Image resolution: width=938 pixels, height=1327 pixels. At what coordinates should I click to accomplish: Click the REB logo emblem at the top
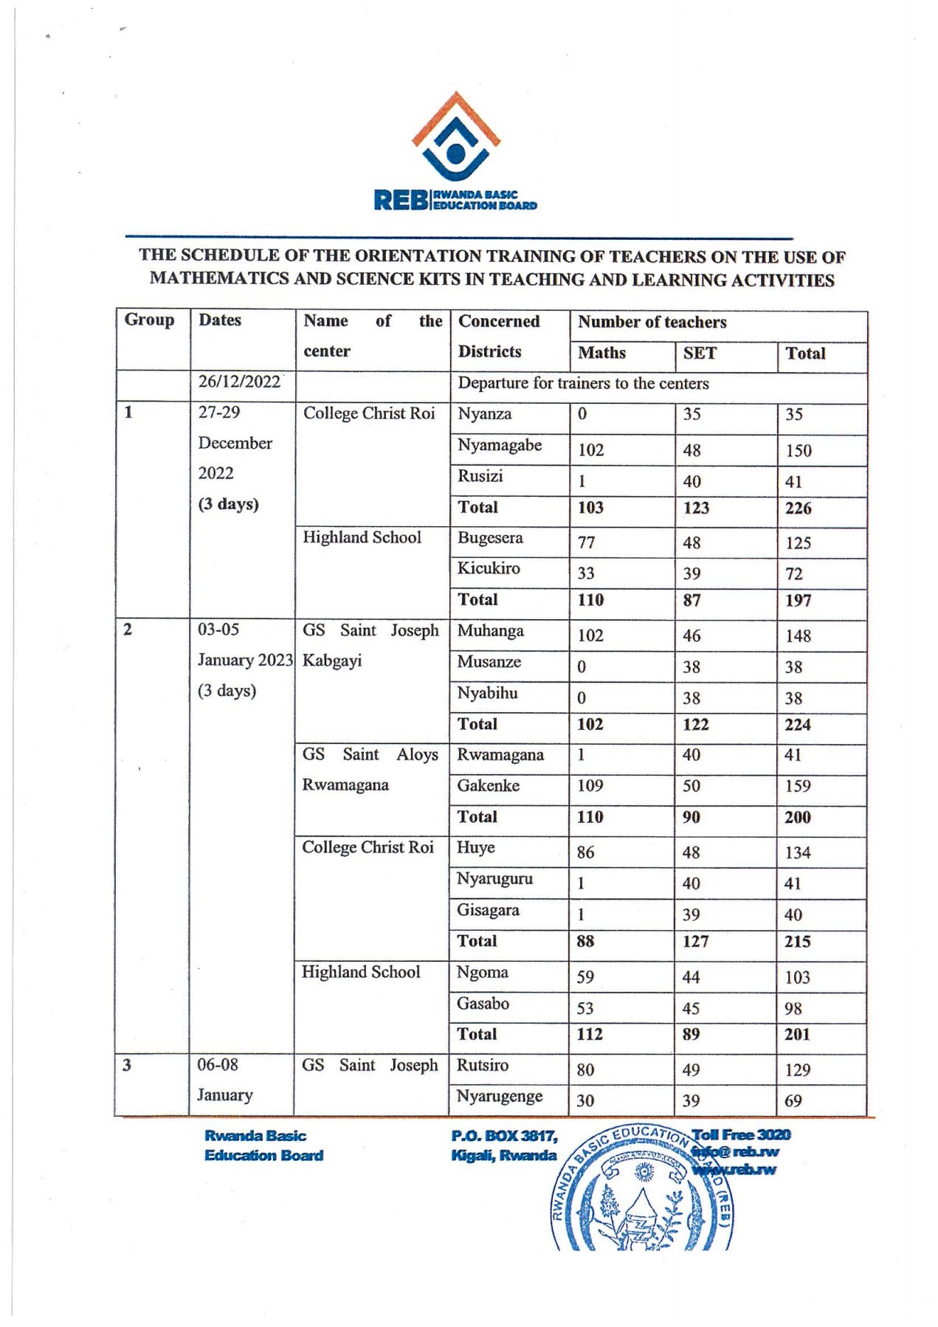(455, 138)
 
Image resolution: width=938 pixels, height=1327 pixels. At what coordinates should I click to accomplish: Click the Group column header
(149, 320)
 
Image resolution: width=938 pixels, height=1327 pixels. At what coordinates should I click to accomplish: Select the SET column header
(699, 354)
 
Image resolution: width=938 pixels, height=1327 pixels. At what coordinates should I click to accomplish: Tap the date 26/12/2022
(239, 382)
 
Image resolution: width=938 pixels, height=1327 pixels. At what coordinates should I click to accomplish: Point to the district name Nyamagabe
(499, 445)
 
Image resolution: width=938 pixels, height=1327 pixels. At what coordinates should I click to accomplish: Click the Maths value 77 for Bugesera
(586, 542)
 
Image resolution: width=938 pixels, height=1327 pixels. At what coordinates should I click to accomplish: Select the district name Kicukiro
(488, 568)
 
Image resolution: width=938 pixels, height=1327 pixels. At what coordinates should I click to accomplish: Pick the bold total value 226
(798, 509)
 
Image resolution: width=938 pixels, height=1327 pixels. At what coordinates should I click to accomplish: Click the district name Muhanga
(490, 631)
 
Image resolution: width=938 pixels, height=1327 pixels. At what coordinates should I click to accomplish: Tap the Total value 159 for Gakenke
(797, 786)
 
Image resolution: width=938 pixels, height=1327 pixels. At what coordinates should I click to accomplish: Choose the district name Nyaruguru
(494, 879)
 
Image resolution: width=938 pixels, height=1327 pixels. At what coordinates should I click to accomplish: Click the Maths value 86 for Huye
(585, 852)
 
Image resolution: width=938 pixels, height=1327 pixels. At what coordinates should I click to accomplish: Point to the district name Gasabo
(483, 1004)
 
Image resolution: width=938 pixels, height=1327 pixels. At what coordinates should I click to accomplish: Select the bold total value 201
(797, 1035)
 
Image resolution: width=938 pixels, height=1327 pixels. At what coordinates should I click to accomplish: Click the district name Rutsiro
(482, 1066)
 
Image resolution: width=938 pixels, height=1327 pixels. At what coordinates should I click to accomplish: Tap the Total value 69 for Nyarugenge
(793, 1101)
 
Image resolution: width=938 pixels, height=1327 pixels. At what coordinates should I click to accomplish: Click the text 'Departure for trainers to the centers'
(583, 384)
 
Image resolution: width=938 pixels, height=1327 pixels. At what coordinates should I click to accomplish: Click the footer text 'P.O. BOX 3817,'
(504, 1136)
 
